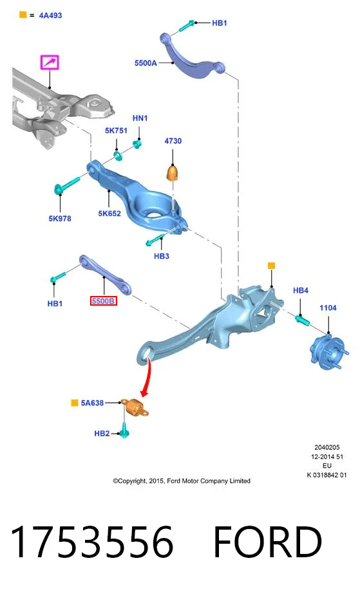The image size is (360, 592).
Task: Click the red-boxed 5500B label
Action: tap(103, 301)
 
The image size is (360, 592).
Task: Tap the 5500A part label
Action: tap(146, 63)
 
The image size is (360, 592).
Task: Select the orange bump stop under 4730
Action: tap(173, 172)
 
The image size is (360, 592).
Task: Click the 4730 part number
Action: tap(173, 141)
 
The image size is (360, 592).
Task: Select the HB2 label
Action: tap(102, 434)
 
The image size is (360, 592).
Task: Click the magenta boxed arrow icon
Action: tap(50, 62)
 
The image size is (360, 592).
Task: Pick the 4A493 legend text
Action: tap(50, 15)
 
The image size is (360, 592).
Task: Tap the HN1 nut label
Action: tap(140, 118)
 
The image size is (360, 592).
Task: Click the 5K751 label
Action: tap(116, 131)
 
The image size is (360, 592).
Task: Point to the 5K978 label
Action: tap(60, 219)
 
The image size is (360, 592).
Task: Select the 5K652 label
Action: tap(109, 214)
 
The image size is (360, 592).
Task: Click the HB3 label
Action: tap(161, 256)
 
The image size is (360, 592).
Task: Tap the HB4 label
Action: tap(301, 290)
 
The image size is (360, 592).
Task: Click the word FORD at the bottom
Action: tap(267, 542)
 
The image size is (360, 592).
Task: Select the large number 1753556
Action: tap(92, 542)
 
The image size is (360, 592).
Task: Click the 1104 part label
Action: tap(328, 308)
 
